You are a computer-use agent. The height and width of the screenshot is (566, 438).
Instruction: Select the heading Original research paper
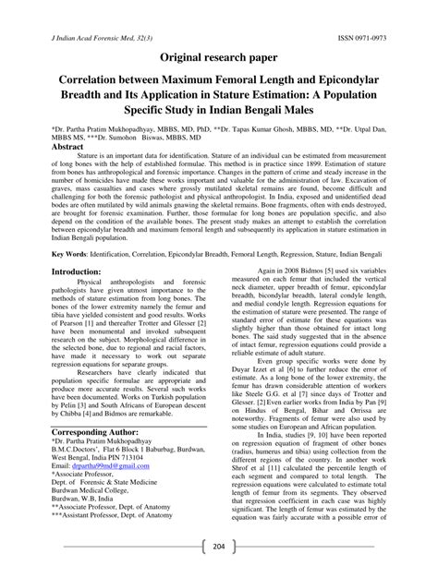[x=218, y=58]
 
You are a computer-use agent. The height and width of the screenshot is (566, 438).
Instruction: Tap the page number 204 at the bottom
[x=218, y=545]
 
